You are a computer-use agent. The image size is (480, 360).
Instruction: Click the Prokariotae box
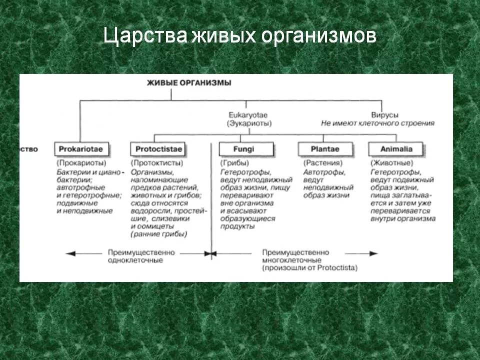click(82, 148)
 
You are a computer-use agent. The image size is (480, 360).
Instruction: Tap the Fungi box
click(246, 148)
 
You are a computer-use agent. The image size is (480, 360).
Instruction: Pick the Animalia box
click(396, 148)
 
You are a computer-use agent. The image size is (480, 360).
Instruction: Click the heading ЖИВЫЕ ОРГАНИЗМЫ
click(189, 83)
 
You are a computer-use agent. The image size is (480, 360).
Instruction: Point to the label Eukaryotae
click(245, 115)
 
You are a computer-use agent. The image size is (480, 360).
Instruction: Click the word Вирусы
click(384, 115)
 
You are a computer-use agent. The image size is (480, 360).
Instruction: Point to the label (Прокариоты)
click(81, 163)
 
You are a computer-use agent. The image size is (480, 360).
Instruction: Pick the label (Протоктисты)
click(157, 163)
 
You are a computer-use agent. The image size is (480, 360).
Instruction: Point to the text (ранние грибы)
click(158, 234)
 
